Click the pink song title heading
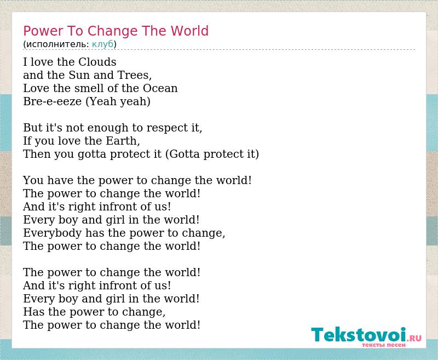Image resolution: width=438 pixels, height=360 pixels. point(116,31)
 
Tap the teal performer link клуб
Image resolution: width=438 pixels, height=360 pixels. point(102,44)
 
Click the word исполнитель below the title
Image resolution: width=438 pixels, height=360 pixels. point(57,44)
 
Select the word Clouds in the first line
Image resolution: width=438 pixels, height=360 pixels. point(97,62)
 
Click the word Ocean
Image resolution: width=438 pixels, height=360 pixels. point(160,88)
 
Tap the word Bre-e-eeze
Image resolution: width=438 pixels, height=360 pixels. point(53,101)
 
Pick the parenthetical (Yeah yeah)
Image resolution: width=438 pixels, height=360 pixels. point(118,101)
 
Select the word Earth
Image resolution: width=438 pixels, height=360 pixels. point(123,141)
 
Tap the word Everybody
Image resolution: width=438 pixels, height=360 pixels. point(52,233)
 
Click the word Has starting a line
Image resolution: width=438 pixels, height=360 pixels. point(34,312)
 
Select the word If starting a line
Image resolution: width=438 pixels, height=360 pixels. point(27,141)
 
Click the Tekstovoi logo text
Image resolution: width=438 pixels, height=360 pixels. point(366,335)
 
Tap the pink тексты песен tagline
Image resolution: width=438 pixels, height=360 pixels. point(384,345)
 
